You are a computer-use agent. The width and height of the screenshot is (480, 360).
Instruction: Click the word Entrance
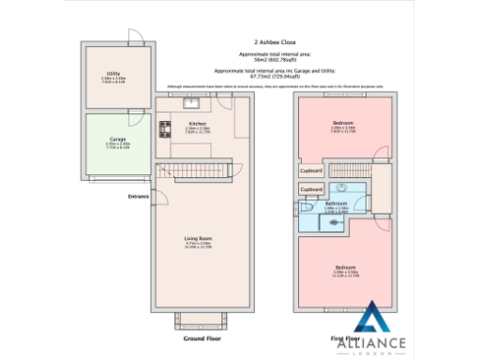point(139,197)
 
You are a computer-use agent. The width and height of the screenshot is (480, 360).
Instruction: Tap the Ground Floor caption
point(201,337)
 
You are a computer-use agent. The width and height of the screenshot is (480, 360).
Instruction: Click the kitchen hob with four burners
point(165,130)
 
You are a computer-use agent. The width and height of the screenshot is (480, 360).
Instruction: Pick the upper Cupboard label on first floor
point(311,171)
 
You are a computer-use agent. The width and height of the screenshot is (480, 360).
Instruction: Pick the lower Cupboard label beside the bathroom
point(311,189)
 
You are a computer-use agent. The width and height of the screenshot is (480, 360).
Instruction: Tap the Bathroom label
point(337,203)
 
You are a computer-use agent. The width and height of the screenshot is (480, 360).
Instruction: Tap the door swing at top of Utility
point(136,38)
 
